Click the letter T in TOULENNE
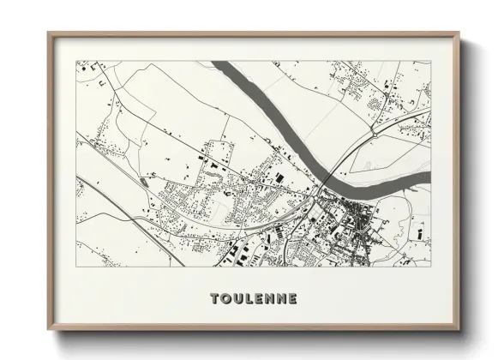coord(214,299)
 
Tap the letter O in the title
coord(226,299)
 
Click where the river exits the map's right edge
coord(429,177)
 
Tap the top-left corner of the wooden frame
coord(49,33)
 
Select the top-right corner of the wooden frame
coord(459,33)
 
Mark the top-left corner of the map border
coord(76,61)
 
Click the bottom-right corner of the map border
coord(430,266)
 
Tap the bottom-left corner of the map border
coord(76,266)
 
